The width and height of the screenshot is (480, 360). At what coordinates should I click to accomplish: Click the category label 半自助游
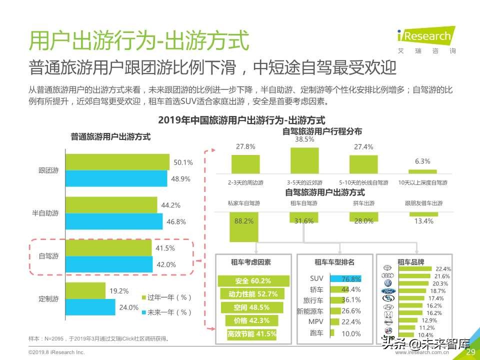48,213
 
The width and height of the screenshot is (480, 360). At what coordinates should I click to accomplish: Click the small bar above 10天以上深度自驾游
422,171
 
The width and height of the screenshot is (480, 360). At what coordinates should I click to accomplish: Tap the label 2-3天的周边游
245,182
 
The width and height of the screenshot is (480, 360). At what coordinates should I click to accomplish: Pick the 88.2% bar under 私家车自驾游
243,226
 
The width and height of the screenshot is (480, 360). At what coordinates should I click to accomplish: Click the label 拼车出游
363,203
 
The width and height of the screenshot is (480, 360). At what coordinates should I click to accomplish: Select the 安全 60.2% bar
253,281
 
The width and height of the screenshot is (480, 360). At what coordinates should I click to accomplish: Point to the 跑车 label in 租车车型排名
316,333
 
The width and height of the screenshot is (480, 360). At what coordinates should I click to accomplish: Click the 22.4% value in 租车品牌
443,268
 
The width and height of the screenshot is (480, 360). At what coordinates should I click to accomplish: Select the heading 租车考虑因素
251,262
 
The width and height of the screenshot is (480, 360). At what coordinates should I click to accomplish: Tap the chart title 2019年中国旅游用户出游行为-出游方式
241,120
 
